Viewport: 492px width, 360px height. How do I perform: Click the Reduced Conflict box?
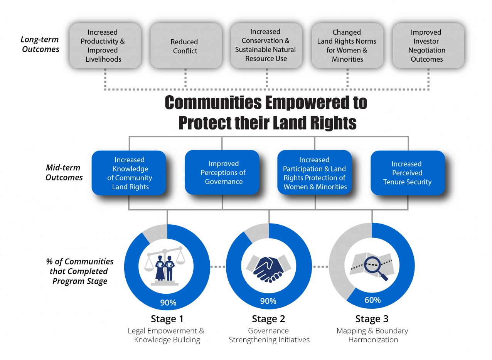(186, 45)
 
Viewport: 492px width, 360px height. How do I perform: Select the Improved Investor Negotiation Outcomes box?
(428, 45)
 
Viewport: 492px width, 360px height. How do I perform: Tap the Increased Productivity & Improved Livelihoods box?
(105, 45)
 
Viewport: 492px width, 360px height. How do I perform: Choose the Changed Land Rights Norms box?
(347, 45)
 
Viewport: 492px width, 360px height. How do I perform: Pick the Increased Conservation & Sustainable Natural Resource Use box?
(266, 45)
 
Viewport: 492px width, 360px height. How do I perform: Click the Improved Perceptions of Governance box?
(222, 173)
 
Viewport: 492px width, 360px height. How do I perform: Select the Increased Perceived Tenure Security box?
(408, 173)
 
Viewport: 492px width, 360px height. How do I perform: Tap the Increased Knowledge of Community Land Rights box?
(129, 173)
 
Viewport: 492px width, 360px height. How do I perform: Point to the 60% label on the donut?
(372, 300)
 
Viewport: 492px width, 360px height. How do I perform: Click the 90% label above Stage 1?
(168, 303)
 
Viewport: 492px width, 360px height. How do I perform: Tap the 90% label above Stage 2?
(268, 301)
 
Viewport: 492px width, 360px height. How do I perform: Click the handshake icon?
(268, 269)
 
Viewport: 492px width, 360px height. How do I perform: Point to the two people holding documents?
(165, 268)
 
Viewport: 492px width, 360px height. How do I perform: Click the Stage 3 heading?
(372, 319)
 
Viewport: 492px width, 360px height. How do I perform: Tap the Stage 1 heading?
(167, 319)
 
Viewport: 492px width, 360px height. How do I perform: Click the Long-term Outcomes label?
(40, 44)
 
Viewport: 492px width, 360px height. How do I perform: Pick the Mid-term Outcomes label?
(64, 172)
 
